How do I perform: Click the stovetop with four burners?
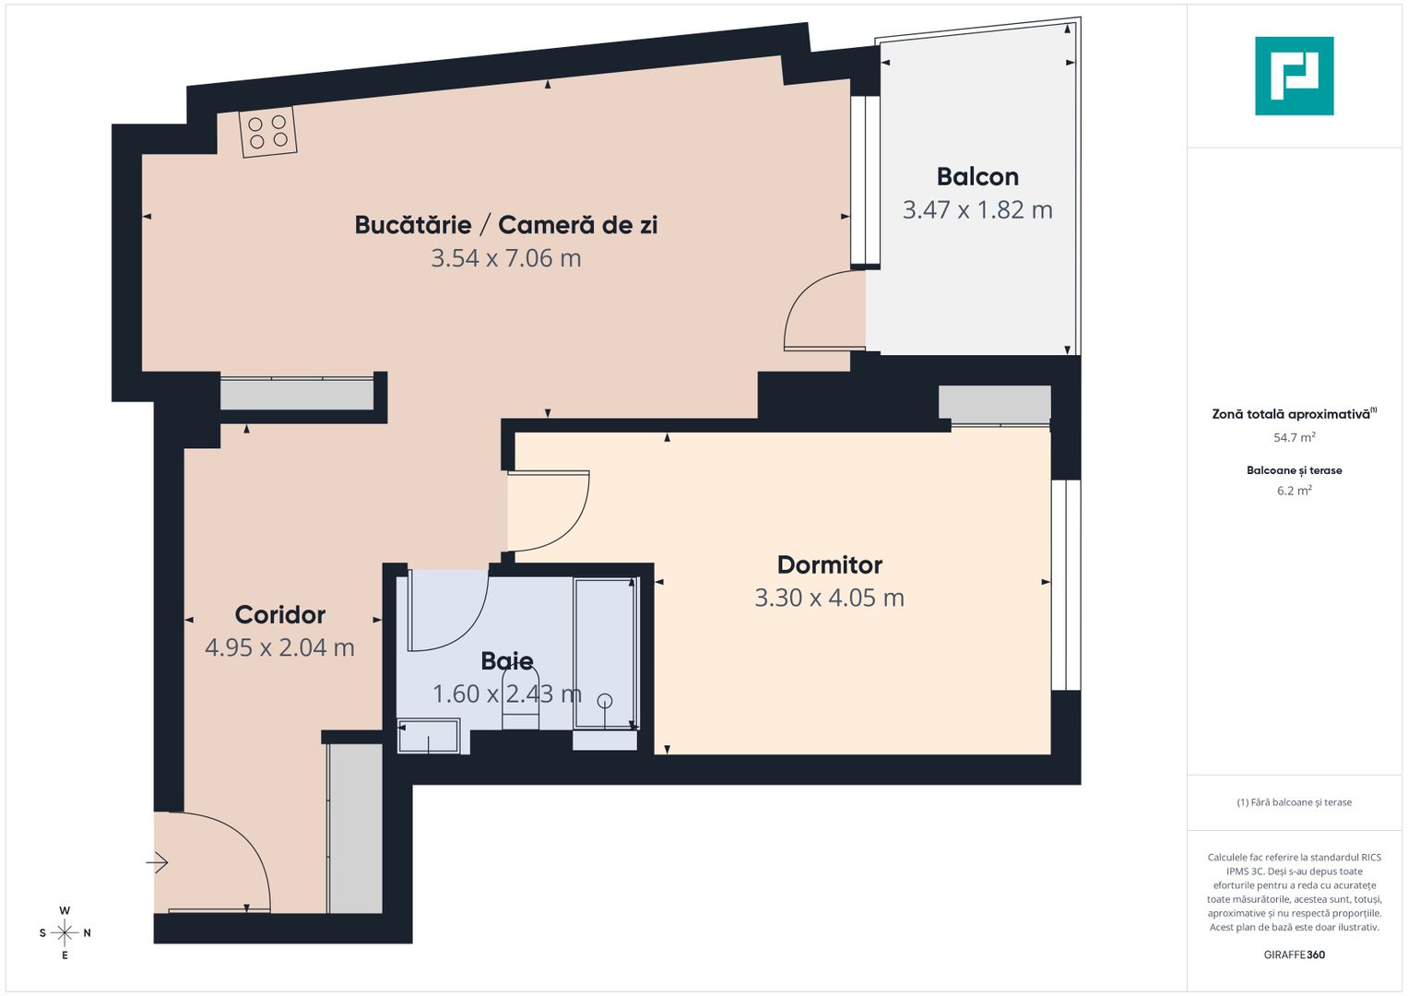(267, 132)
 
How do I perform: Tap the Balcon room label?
(977, 176)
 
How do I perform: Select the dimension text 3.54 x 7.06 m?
(506, 258)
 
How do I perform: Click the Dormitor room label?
(829, 564)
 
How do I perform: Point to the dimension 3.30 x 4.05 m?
(829, 598)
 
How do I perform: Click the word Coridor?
(279, 614)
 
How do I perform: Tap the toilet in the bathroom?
(520, 701)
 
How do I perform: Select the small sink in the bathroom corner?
(428, 736)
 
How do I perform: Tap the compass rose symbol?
(65, 932)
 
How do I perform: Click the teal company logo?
(1294, 76)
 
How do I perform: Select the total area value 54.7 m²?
(1294, 438)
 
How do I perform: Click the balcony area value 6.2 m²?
(1294, 491)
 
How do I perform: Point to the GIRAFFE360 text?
(1294, 954)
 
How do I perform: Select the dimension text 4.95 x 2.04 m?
(279, 647)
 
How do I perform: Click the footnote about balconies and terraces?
(1294, 802)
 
